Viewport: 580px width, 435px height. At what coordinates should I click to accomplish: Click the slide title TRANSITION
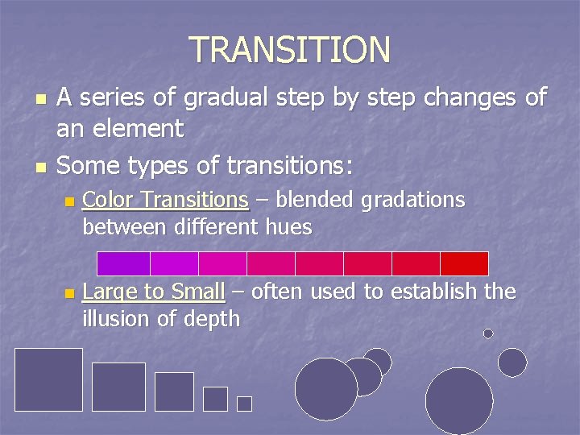[290, 50]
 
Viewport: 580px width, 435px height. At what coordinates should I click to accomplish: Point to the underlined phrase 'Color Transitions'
[165, 199]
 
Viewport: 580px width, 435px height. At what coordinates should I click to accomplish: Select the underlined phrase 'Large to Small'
[154, 292]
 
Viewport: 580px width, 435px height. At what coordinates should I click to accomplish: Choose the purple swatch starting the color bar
[123, 263]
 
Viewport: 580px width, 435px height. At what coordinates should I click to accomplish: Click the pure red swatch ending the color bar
[464, 263]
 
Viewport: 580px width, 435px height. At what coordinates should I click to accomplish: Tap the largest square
[49, 379]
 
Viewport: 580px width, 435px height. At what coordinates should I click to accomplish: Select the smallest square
[244, 404]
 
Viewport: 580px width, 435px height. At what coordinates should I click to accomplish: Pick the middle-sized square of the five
[174, 391]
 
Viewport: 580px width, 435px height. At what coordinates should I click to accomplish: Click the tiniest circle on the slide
[488, 333]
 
